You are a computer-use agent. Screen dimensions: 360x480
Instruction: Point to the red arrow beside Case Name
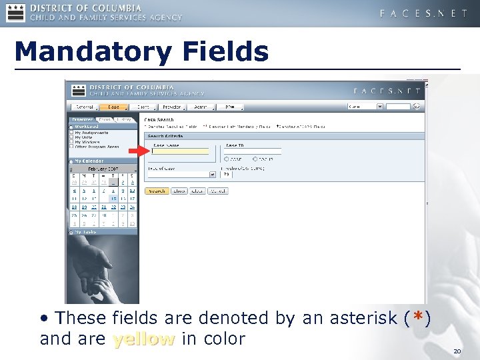[138, 151]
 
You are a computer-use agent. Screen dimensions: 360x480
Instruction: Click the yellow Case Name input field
[180, 151]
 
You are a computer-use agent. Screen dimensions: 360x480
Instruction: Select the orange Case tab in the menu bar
[114, 107]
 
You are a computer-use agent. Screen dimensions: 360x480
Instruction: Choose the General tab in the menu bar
[84, 107]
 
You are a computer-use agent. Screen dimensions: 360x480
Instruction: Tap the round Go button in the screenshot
[417, 106]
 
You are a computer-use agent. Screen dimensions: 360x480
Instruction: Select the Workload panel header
[87, 126]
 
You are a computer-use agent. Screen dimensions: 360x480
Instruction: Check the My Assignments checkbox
[71, 133]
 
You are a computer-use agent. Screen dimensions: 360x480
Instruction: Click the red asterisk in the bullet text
[417, 319]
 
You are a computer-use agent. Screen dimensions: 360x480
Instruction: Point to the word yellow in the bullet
[143, 339]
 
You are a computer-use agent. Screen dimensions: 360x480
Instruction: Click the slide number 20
[457, 351]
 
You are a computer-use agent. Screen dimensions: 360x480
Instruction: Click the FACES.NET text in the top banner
[423, 13]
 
